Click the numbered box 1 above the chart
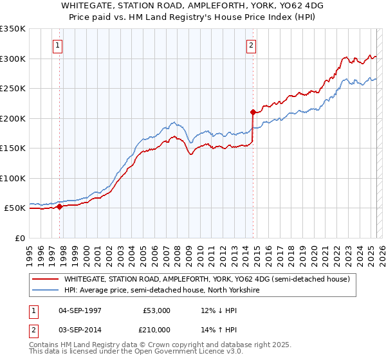(58, 46)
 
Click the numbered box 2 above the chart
(250, 46)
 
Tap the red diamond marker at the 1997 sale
(59, 206)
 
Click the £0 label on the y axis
(19, 238)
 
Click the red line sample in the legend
(46, 280)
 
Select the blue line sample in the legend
(46, 291)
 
